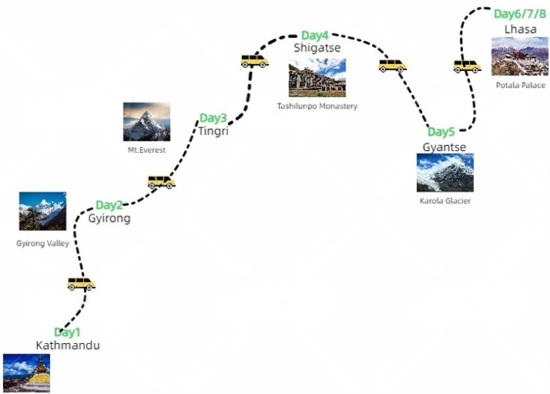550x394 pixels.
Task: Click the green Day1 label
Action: tap(67, 333)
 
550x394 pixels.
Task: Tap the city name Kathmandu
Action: tap(68, 345)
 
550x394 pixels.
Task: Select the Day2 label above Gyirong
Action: tap(109, 205)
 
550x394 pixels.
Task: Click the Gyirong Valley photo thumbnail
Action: tap(42, 211)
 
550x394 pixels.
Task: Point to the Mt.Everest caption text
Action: tap(146, 150)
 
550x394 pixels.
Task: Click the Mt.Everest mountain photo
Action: tap(146, 122)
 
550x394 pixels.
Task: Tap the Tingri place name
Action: tap(213, 131)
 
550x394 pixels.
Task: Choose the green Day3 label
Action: tap(213, 119)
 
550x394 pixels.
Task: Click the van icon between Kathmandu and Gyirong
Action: tap(81, 284)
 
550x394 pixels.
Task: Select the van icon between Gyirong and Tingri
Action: tap(161, 182)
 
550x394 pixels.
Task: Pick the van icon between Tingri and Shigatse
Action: tap(254, 59)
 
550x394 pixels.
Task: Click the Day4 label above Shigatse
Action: tap(315, 35)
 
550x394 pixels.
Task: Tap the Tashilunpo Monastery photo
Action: tap(317, 78)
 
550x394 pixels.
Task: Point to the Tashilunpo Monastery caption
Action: tap(317, 106)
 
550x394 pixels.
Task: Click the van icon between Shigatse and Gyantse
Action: tap(392, 66)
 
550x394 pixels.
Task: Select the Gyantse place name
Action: tap(444, 146)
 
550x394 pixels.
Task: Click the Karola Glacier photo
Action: tap(444, 173)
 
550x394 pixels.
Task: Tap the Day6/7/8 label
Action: tap(521, 14)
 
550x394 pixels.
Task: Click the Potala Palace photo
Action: tap(520, 56)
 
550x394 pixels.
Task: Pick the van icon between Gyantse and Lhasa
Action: tap(467, 66)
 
